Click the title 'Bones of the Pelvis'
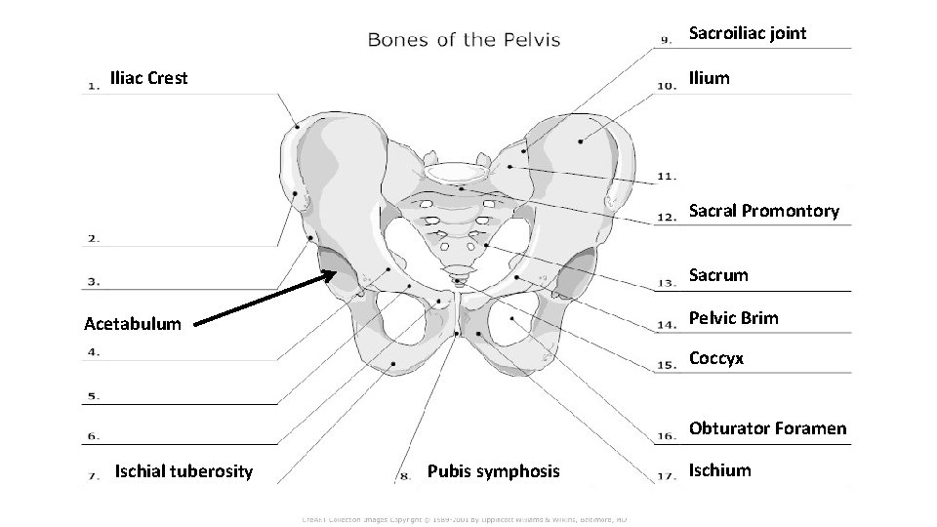coord(464,39)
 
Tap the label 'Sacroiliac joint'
coord(748,33)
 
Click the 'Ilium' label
coord(709,78)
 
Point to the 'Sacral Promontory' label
coord(763,211)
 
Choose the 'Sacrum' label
coord(718,275)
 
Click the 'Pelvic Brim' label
coord(734,318)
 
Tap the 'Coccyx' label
coord(716,358)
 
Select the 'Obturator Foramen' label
coord(767,428)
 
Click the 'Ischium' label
coord(719,470)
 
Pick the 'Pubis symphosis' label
coord(494,472)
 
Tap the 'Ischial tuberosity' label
coord(183,472)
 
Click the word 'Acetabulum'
coord(133,323)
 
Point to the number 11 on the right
coord(667,177)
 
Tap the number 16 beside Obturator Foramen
coord(667,434)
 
